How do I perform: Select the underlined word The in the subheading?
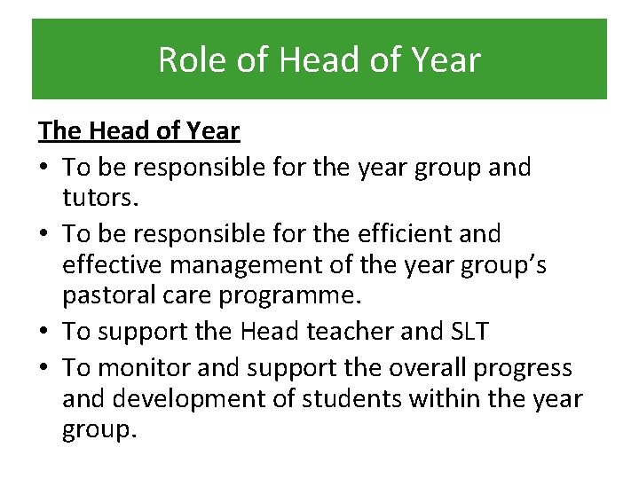(59, 131)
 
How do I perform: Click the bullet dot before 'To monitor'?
(45, 365)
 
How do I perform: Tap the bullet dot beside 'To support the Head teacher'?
(45, 332)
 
